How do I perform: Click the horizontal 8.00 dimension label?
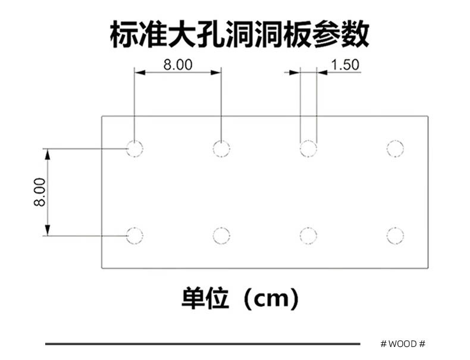(x=178, y=64)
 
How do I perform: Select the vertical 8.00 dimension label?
(x=39, y=192)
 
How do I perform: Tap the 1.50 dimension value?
(x=345, y=64)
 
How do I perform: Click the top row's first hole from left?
(x=135, y=148)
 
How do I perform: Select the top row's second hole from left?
(x=221, y=148)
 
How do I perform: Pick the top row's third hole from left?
(x=308, y=148)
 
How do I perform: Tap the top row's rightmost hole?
(x=394, y=148)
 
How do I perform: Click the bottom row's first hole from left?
(x=135, y=235)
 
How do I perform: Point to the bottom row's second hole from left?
(x=221, y=235)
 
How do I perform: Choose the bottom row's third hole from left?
(x=308, y=235)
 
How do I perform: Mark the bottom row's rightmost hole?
(x=394, y=235)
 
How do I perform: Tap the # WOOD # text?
(x=402, y=344)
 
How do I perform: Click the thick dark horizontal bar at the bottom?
(x=202, y=344)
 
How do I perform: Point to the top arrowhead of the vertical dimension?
(x=48, y=153)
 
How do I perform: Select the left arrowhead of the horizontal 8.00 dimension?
(x=140, y=73)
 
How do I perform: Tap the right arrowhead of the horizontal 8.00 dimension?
(x=217, y=73)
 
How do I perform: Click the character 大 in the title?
(x=176, y=34)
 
